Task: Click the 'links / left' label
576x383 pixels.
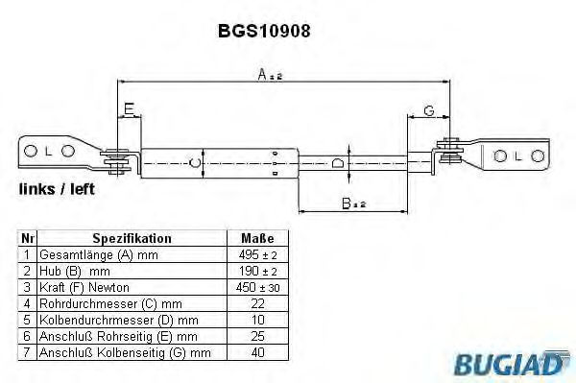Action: point(57,189)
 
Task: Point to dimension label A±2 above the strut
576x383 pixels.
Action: point(269,75)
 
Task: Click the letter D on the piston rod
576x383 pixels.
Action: point(337,163)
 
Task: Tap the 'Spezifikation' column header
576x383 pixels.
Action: point(132,238)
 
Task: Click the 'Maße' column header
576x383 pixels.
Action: point(257,238)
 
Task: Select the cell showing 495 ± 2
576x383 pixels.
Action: point(257,254)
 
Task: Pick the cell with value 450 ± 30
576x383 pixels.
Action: point(257,287)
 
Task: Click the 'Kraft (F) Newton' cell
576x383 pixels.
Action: point(132,287)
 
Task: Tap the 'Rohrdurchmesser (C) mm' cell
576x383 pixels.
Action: point(132,303)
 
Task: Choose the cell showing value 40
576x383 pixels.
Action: point(257,352)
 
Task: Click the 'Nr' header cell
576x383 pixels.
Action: point(28,238)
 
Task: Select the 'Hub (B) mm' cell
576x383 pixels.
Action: point(132,271)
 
